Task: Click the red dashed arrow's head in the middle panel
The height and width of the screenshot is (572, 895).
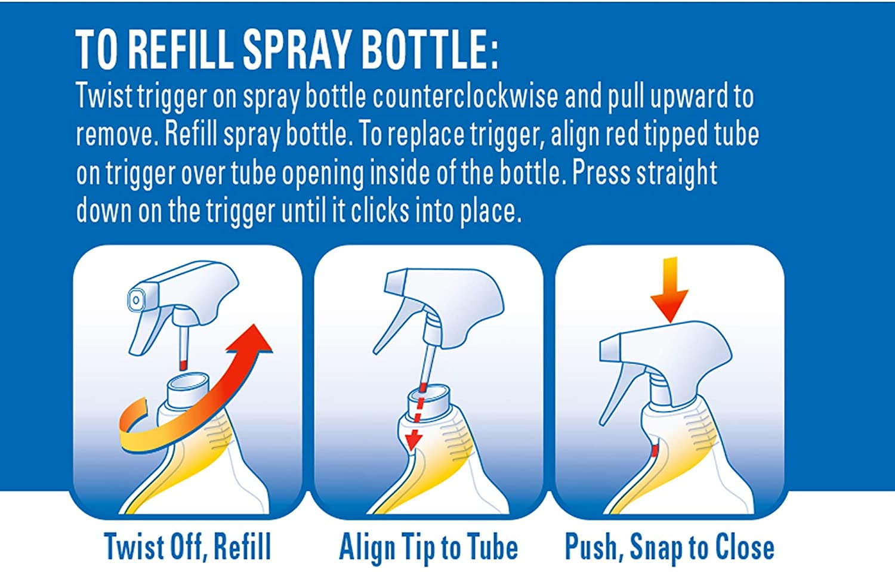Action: point(413,440)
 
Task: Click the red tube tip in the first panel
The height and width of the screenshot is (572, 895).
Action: point(183,365)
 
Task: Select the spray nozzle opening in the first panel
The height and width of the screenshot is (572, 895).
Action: point(136,300)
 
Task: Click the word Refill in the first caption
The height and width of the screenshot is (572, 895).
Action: point(242,546)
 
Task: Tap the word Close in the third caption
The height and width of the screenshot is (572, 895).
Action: point(745,546)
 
